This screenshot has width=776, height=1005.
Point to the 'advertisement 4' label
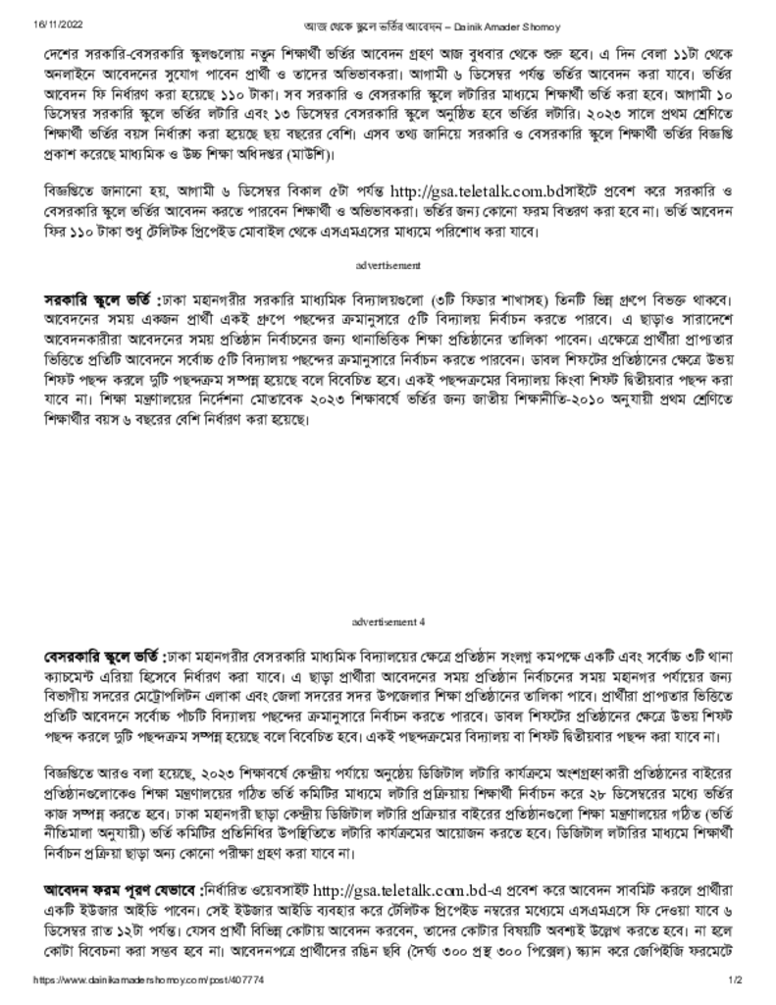pyautogui.click(x=388, y=621)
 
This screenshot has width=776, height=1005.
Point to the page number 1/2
pyautogui.click(x=736, y=980)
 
